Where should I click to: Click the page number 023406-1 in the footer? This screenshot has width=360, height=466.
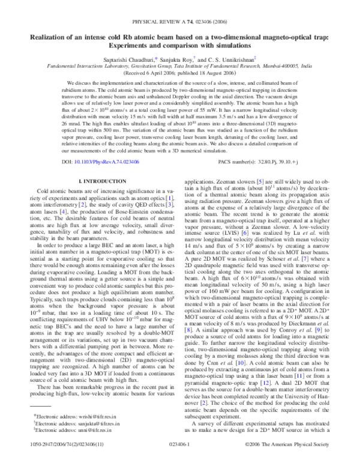[x=180, y=459]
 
